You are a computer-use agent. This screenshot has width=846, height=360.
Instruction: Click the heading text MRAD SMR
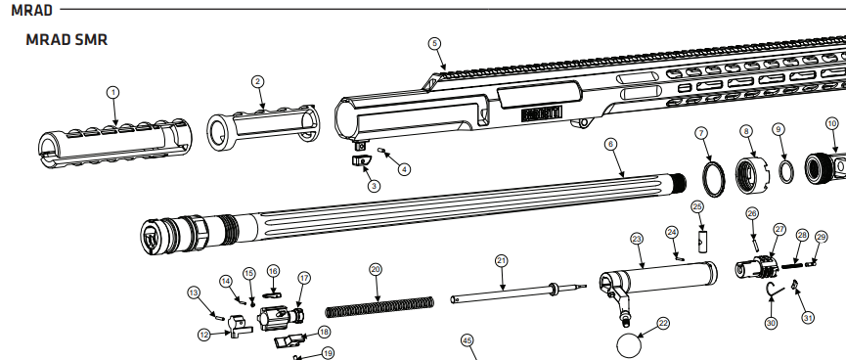pyautogui.click(x=67, y=39)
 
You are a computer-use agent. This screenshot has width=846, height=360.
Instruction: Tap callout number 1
pyautogui.click(x=112, y=92)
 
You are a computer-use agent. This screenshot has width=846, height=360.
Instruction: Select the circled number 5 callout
pyautogui.click(x=435, y=44)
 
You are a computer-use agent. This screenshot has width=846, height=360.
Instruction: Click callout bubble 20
pyautogui.click(x=376, y=269)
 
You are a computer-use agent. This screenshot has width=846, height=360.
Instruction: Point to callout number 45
pyautogui.click(x=468, y=340)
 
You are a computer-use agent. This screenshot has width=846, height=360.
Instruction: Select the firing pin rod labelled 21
pyautogui.click(x=518, y=292)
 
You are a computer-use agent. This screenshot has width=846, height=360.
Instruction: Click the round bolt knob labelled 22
pyautogui.click(x=629, y=345)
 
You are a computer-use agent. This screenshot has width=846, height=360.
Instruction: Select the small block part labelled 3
pyautogui.click(x=361, y=160)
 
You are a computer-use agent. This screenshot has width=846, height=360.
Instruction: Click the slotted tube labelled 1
pyautogui.click(x=114, y=141)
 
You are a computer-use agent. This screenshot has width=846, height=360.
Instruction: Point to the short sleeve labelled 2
pyautogui.click(x=263, y=126)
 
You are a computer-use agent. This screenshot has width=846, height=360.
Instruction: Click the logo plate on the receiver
pyautogui.click(x=542, y=113)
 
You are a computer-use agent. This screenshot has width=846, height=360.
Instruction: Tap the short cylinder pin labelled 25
pyautogui.click(x=702, y=241)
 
